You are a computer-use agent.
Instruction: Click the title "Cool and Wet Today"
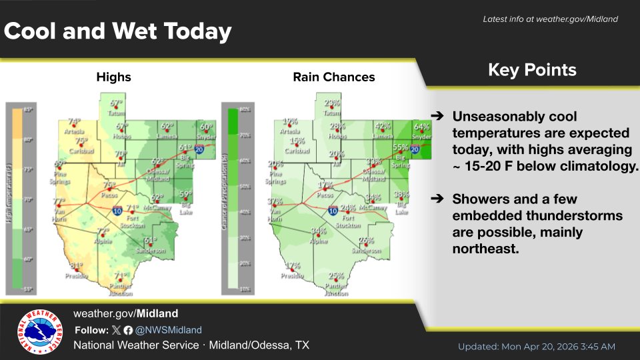tap(119, 31)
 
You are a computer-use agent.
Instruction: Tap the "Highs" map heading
tap(113, 77)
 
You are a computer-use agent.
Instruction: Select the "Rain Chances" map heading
tap(334, 77)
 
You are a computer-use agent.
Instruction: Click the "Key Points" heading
tap(532, 70)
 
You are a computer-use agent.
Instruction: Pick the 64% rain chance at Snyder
tap(421, 127)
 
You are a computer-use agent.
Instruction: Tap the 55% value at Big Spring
tap(400, 148)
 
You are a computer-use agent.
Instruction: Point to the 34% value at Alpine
tap(319, 231)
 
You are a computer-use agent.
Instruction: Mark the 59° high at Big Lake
tap(185, 194)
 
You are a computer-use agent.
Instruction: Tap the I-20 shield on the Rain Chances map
tap(414, 150)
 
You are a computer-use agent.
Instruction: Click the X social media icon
tap(116, 330)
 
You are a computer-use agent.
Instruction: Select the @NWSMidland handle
tap(169, 330)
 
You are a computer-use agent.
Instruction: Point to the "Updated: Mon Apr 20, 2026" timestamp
tap(536, 347)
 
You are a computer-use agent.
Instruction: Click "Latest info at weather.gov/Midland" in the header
tap(550, 19)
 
